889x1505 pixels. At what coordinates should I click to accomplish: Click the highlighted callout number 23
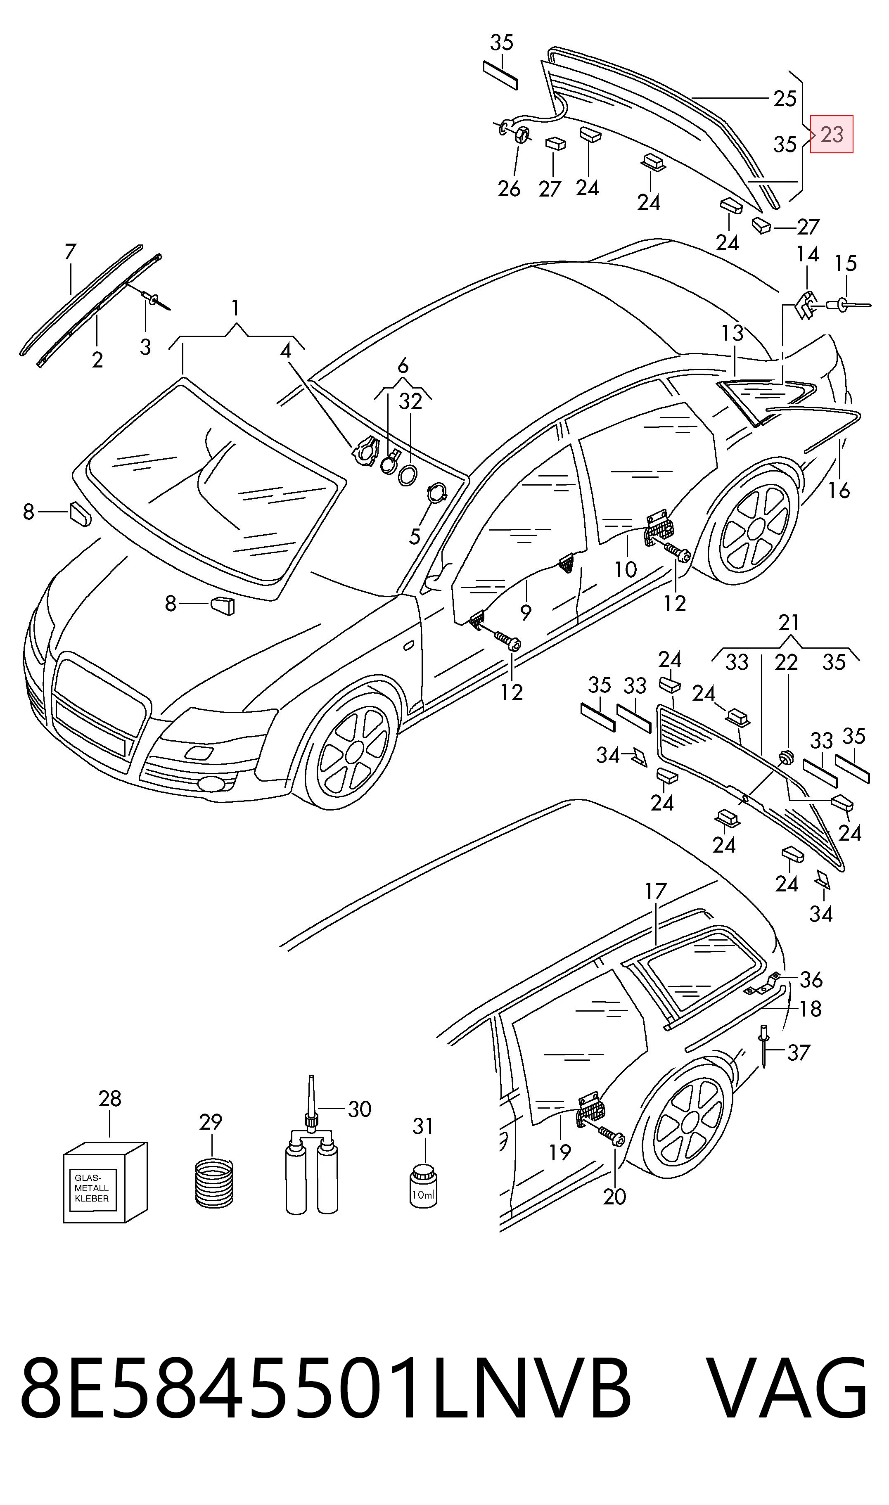(832, 134)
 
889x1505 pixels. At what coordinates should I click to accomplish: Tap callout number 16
(839, 491)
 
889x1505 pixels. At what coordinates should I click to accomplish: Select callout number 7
(71, 252)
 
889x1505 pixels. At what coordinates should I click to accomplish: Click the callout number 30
(359, 1109)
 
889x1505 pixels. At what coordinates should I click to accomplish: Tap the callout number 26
(509, 189)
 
